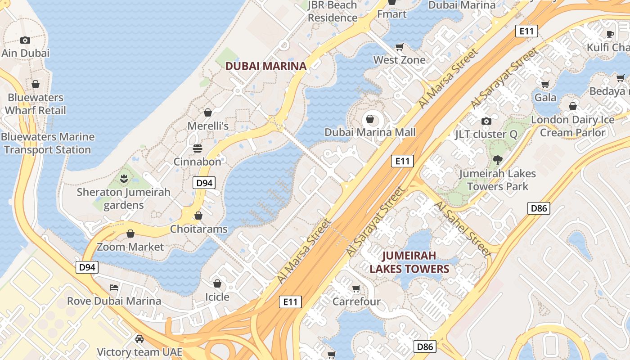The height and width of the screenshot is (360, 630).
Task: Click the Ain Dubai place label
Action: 25,53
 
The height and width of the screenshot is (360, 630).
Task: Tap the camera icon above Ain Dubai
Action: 25,40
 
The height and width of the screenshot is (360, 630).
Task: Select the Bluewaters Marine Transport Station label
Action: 48,143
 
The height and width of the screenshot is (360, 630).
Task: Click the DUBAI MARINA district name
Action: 265,66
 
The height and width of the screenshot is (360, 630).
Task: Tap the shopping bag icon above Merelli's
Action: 208,112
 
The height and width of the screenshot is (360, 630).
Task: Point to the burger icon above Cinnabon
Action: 197,148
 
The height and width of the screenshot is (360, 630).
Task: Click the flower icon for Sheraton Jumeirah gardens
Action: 124,178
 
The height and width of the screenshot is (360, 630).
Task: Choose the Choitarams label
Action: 198,229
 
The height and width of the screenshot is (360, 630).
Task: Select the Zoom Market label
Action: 130,247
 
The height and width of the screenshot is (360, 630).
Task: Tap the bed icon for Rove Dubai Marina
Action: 114,287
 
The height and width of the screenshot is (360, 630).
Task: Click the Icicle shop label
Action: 217,297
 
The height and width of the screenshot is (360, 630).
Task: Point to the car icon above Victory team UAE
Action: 139,338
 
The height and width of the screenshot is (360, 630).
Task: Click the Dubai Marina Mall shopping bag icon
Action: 370,119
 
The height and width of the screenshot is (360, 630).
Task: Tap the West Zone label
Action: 399,60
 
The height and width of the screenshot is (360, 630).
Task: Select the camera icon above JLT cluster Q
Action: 486,121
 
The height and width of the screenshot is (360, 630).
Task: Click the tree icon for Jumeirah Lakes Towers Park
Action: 497,159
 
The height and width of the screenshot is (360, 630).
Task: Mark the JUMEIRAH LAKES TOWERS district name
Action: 409,262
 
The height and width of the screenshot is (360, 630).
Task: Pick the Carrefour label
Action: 356,301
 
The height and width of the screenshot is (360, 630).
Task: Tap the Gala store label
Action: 545,97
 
